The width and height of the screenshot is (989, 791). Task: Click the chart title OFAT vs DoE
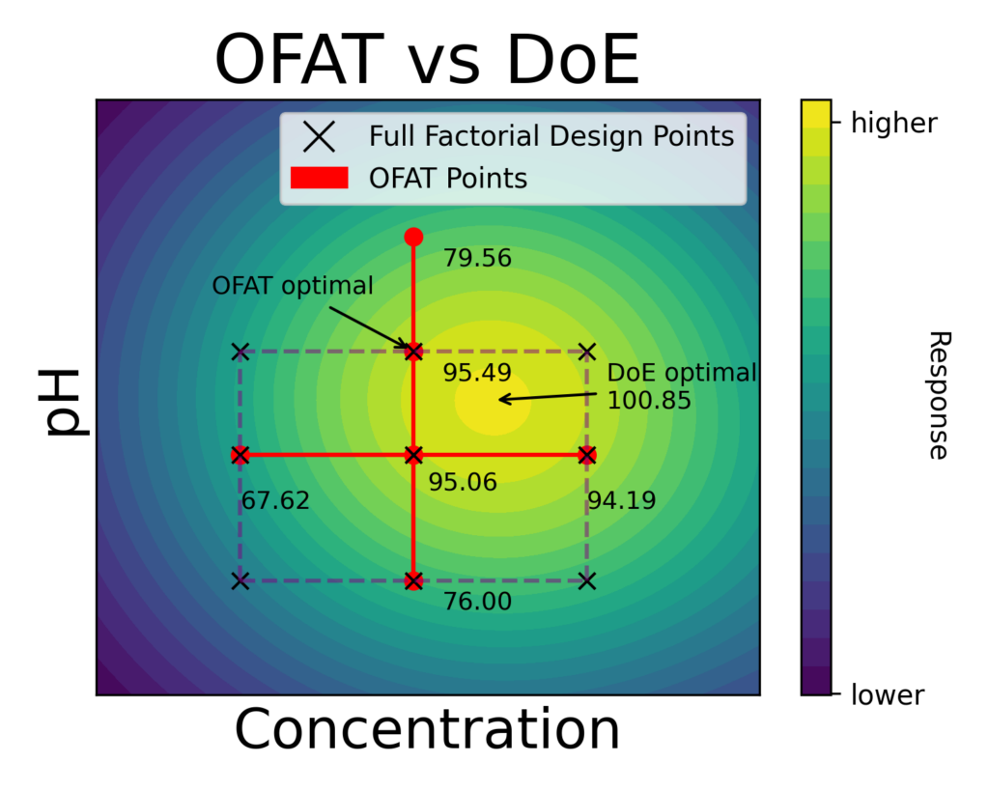pos(427,60)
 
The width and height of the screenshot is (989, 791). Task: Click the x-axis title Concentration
pos(427,730)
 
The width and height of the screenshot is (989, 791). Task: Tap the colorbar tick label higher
pos(894,123)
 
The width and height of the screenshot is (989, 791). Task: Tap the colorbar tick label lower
pos(888,694)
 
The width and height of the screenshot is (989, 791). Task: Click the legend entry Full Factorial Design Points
pos(551,136)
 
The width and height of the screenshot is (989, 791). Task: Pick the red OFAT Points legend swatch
pos(318,179)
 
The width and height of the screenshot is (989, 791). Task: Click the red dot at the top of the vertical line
pos(413,237)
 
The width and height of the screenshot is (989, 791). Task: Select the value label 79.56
pos(477,259)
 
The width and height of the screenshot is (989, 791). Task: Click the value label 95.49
pos(477,373)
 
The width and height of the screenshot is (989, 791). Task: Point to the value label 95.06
pos(463,482)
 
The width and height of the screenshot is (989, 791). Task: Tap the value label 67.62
pos(275,501)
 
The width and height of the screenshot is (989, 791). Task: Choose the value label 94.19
pos(622,501)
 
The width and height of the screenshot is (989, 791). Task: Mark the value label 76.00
pos(477,601)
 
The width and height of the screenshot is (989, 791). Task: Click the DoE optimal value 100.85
pos(649,400)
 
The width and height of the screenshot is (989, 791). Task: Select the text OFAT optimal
pos(293,286)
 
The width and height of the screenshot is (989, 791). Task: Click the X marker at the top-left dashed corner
pos(240,352)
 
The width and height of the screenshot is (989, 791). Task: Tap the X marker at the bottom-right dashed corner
pos(587,580)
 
